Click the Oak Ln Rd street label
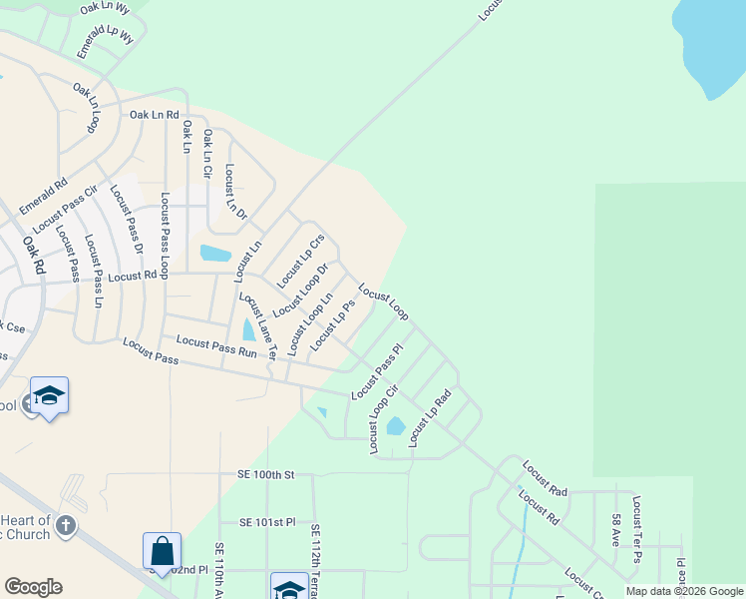click(x=153, y=115)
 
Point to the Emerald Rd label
click(x=44, y=197)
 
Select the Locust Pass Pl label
click(x=376, y=372)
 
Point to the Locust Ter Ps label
click(x=636, y=529)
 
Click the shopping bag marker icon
click(x=162, y=550)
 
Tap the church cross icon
click(x=65, y=525)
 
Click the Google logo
click(x=33, y=587)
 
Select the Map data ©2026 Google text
click(x=684, y=591)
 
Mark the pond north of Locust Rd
click(x=215, y=253)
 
